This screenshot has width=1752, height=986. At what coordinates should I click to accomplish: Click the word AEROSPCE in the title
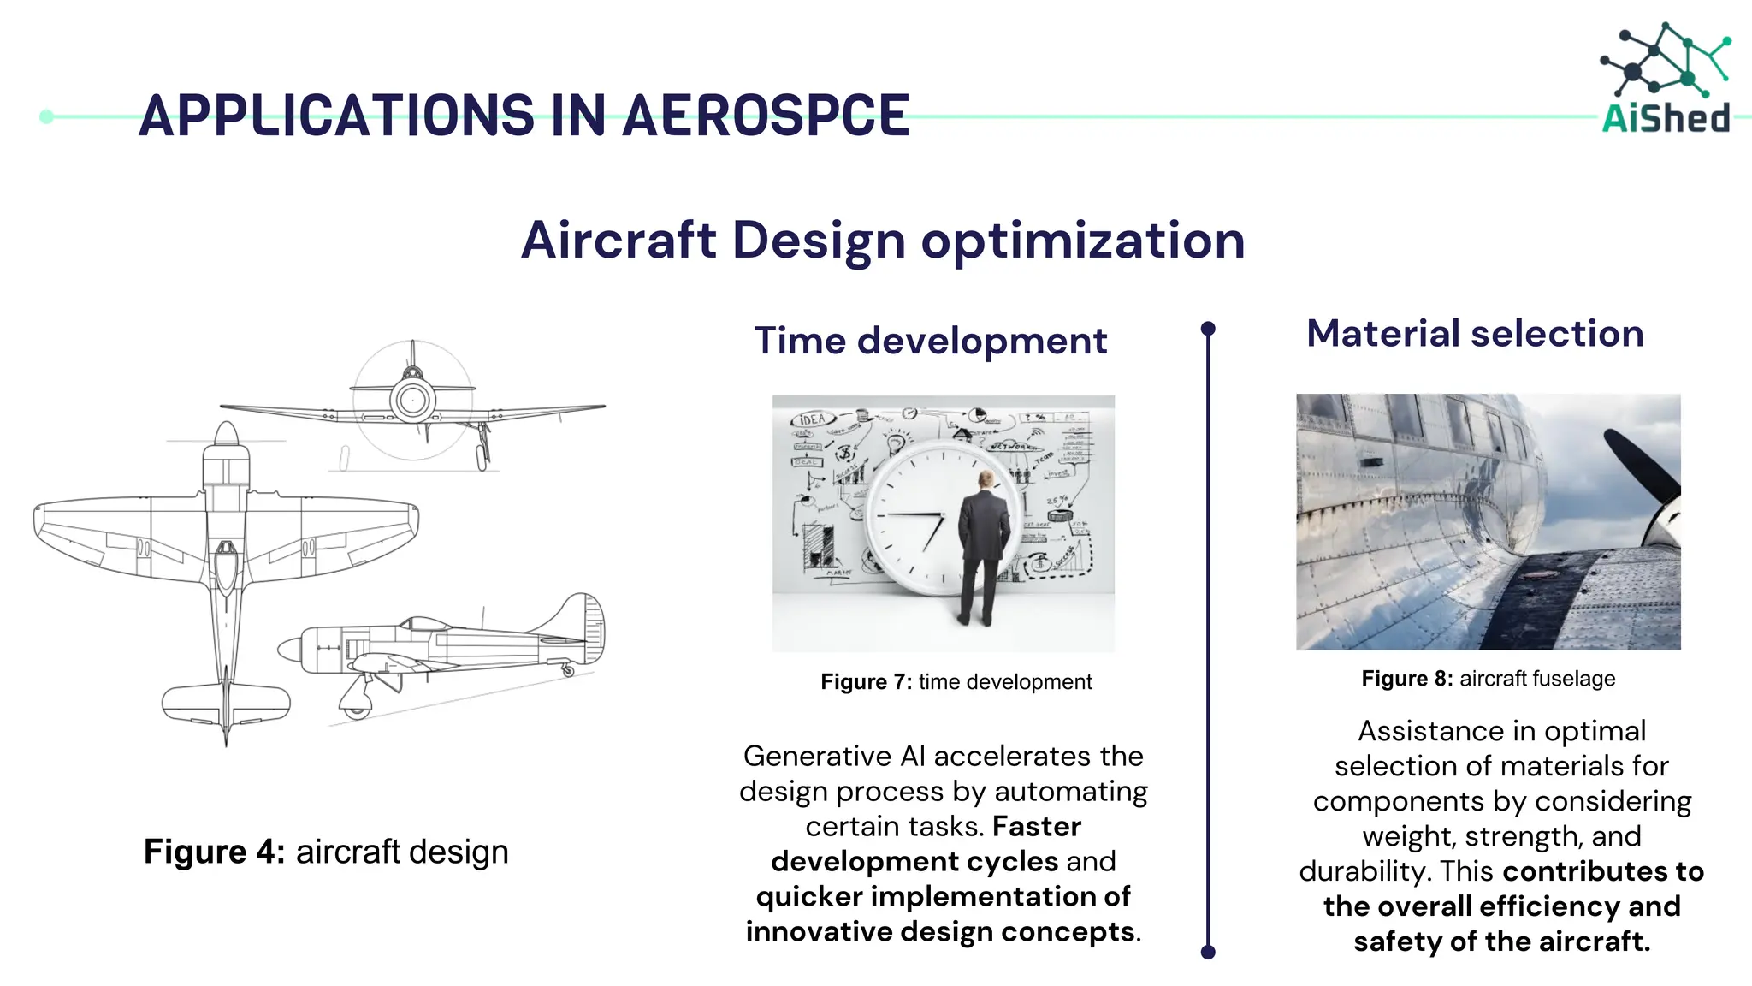pos(766,116)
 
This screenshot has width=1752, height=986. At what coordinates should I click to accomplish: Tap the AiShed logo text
pos(1666,118)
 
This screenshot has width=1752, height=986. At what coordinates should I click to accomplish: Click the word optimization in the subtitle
pos(1082,241)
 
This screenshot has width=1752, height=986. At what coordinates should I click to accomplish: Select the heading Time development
pos(931,341)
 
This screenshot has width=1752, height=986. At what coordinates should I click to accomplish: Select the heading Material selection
pos(1475,333)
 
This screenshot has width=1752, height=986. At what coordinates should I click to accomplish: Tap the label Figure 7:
pos(866,682)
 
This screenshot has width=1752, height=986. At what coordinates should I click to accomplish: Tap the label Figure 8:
pos(1406,679)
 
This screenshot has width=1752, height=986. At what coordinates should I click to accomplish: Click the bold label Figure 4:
pos(214,852)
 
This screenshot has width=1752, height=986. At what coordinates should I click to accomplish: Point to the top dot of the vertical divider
pos(1208,329)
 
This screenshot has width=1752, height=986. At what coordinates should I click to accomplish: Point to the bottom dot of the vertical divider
pos(1208,952)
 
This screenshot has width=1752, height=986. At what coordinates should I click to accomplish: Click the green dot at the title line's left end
pos(46,116)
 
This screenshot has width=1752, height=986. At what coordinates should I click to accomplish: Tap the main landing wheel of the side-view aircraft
pos(355,708)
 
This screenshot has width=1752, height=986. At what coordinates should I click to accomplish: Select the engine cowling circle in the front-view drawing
pos(412,400)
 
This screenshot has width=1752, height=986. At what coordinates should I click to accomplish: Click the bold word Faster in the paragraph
pos(1037,827)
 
